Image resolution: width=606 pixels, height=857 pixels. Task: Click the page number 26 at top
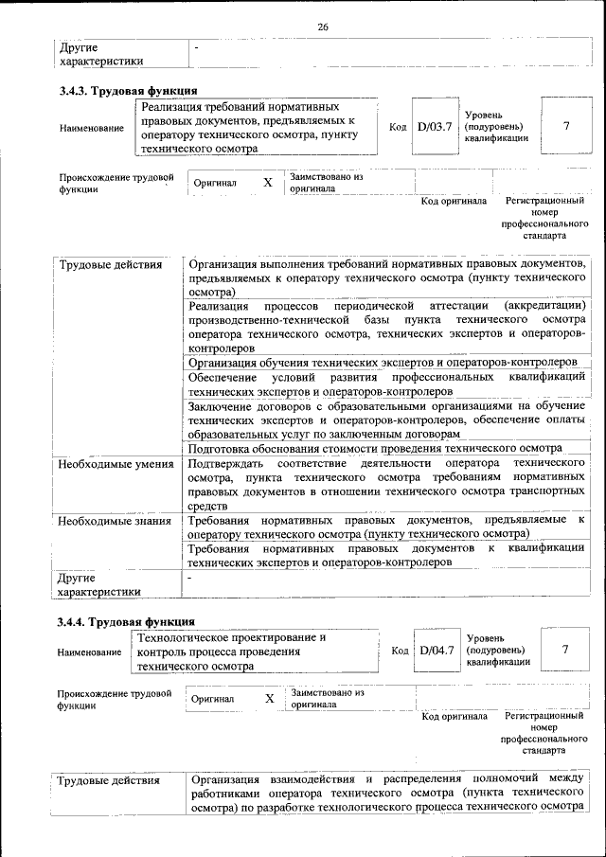click(x=323, y=27)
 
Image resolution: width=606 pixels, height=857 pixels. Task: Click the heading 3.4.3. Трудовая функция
click(x=127, y=91)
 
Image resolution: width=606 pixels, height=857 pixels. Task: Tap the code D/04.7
click(x=437, y=651)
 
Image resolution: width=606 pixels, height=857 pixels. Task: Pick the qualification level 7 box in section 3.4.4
click(x=565, y=651)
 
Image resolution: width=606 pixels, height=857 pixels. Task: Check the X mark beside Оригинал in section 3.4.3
click(x=268, y=182)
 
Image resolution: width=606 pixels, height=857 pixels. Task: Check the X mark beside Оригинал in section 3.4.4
click(x=270, y=698)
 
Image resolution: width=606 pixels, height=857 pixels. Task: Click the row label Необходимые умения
click(x=115, y=465)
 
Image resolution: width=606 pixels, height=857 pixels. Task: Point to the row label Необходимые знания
click(x=114, y=521)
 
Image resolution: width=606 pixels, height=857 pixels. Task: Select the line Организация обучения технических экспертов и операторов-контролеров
click(x=383, y=362)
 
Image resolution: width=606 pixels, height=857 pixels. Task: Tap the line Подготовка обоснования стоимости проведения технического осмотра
click(x=375, y=448)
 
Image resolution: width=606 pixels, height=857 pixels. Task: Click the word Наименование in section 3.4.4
click(x=89, y=652)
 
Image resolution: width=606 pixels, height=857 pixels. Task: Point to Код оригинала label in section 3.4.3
click(x=454, y=201)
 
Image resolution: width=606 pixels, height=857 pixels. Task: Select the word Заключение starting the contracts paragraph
click(x=220, y=405)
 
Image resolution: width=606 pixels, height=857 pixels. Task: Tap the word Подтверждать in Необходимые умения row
click(x=225, y=465)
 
